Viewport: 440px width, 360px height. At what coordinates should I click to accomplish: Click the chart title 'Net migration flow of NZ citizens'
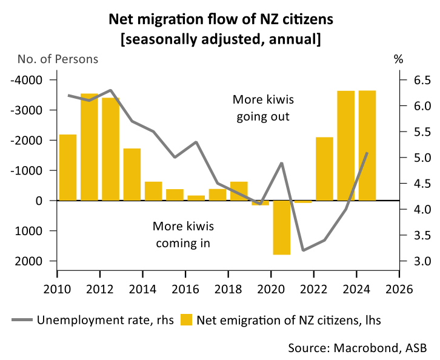coord(221,19)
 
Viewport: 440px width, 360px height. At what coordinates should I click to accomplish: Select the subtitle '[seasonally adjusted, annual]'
coord(221,39)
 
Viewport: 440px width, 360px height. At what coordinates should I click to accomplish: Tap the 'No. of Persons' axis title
coord(58,59)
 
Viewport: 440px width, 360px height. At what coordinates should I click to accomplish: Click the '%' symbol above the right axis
coord(398,59)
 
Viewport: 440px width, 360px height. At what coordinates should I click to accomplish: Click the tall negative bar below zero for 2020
coord(281,227)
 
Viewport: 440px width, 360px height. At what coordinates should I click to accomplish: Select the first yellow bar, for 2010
coord(67,167)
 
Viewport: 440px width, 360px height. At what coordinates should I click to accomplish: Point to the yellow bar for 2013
coord(132,174)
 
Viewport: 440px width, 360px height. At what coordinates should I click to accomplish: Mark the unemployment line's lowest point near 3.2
coord(303,250)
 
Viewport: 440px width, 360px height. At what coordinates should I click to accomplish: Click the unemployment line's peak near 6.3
coord(110,90)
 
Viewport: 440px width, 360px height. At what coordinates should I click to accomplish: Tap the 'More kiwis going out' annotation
coord(262,107)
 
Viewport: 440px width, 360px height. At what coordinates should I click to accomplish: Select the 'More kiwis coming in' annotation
coord(183,235)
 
